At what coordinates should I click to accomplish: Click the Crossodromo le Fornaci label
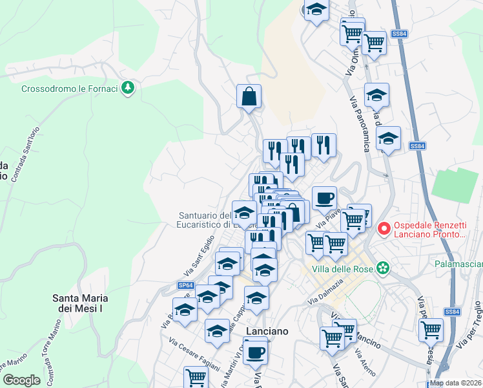pos(69,89)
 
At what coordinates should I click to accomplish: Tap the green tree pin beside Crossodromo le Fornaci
pos(128,87)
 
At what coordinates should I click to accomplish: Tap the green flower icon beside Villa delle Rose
pos(384,267)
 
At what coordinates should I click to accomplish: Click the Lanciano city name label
pos(267,330)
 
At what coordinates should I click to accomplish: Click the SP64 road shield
pos(185,285)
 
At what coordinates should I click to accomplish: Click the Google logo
pos(22,380)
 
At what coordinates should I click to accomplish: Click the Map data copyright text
pos(455,383)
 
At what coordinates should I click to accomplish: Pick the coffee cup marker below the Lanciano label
pos(256,351)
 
